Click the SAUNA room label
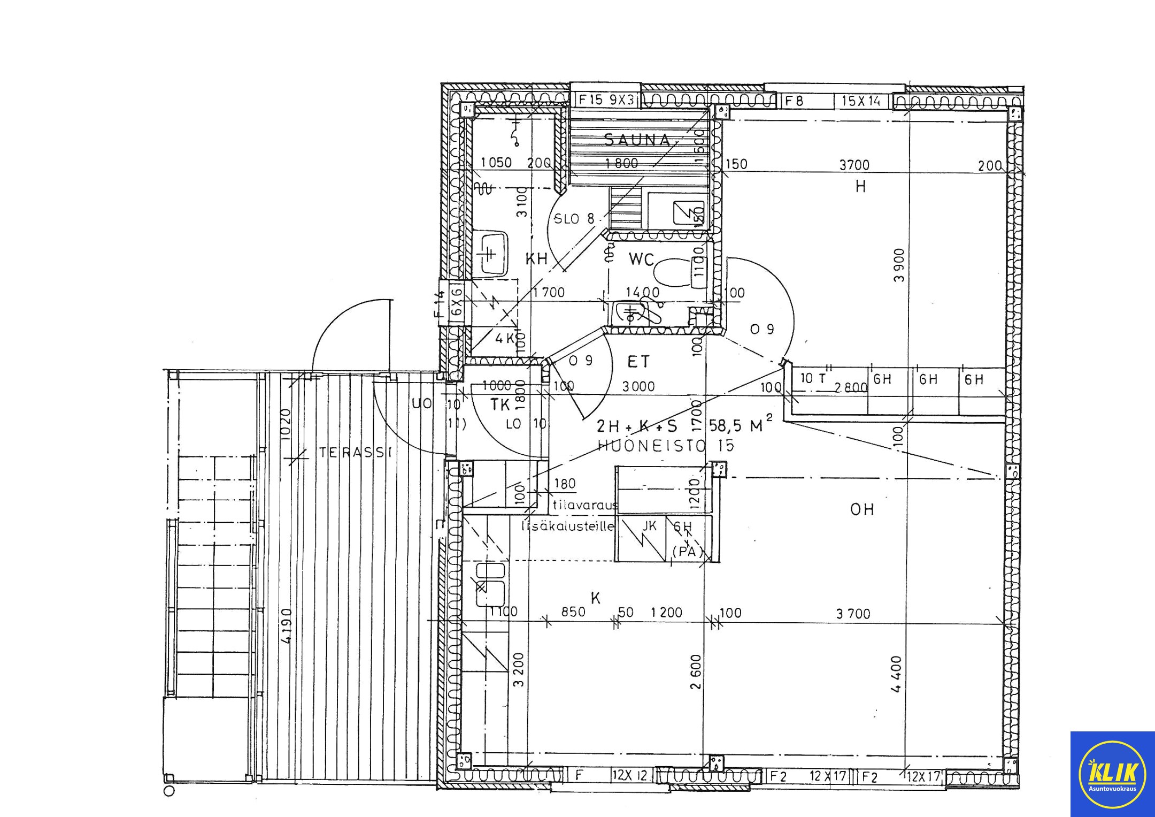point(637,140)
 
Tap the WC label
point(641,259)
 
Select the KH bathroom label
point(536,259)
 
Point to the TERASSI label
point(356,453)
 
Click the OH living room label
point(862,509)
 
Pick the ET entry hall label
point(638,362)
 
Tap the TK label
point(500,405)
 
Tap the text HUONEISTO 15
point(666,445)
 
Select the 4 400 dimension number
point(897,674)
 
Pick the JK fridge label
point(649,526)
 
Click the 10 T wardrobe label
point(813,379)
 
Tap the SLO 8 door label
point(574,218)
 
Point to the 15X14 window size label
point(860,101)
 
